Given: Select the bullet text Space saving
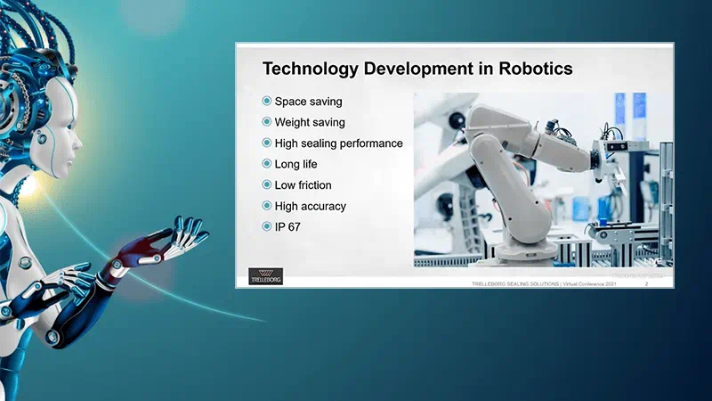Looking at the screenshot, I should click(308, 102).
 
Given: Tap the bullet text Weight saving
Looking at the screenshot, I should click(310, 122).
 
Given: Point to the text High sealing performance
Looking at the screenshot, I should click(338, 143).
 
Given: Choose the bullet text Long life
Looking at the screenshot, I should click(295, 164).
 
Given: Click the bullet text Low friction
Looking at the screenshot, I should click(303, 185).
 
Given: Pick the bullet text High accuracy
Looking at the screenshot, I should click(310, 206).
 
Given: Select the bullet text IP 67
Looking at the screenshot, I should click(290, 227).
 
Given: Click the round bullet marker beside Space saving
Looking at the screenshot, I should click(266, 102).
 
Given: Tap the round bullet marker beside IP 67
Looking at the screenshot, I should click(266, 227).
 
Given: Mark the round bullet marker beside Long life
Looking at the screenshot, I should click(266, 164).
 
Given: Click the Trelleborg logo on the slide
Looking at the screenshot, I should click(264, 275).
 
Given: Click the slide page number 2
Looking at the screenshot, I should click(645, 283).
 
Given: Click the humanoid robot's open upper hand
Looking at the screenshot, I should click(178, 237).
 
